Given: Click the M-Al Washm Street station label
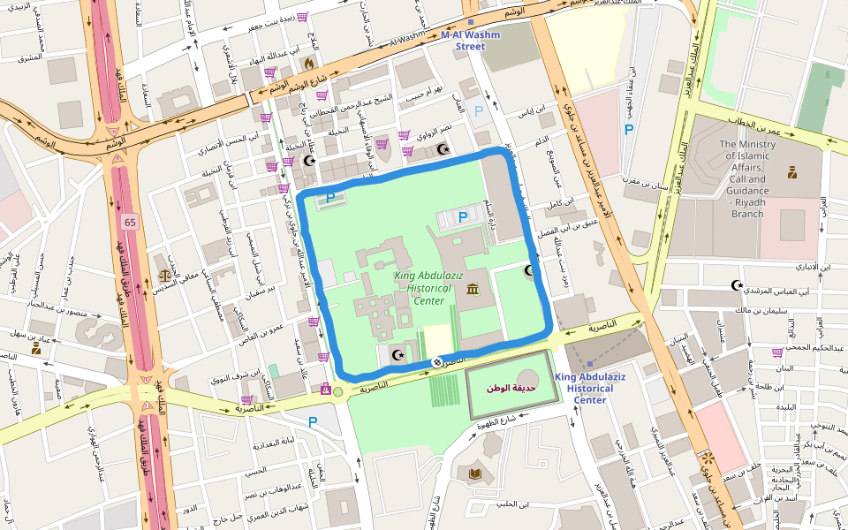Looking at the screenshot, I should (470, 41).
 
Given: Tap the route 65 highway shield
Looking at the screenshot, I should (131, 221).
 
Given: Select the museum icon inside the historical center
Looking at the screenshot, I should (473, 290).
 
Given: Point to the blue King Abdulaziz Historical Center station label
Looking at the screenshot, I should (590, 389).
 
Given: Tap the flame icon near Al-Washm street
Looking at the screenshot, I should (308, 64).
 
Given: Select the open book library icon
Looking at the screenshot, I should (475, 474).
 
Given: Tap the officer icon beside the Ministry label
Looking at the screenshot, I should (792, 172).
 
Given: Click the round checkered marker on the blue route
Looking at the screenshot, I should (436, 362).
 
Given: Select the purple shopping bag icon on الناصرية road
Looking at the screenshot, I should (326, 389).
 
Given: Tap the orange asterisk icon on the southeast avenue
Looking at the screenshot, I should (707, 458).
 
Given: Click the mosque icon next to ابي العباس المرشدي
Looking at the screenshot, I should (737, 285).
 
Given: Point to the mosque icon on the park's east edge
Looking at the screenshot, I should (530, 270).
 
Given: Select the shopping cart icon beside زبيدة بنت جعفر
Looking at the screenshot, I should (302, 17).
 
